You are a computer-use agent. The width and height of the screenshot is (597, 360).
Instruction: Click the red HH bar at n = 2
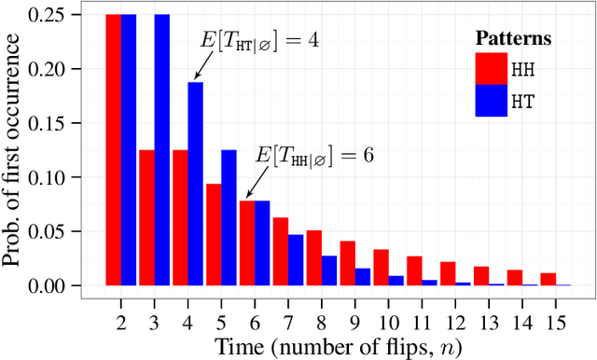click(x=114, y=149)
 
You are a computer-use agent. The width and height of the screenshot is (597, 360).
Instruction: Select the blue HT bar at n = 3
click(x=162, y=149)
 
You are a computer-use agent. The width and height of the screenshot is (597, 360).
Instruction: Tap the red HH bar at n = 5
click(x=213, y=234)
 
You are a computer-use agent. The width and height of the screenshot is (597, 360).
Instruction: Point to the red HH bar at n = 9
click(x=347, y=263)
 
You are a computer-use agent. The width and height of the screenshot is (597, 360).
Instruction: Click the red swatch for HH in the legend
click(x=491, y=69)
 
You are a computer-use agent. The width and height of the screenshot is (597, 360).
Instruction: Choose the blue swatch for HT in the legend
click(x=491, y=101)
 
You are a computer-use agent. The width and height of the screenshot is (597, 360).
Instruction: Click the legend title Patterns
click(x=512, y=38)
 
